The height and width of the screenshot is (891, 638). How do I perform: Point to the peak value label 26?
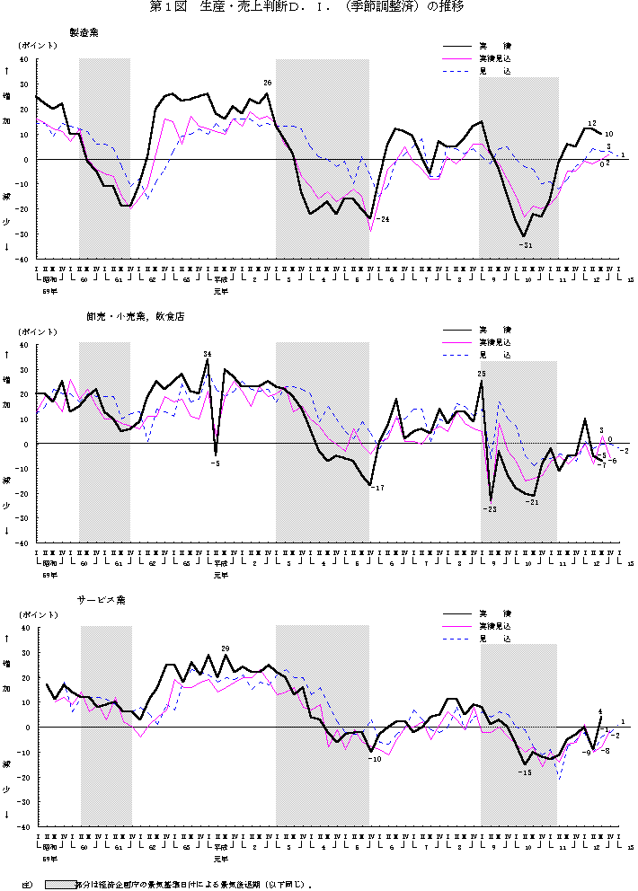click(x=267, y=83)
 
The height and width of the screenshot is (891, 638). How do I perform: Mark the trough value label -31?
click(x=526, y=245)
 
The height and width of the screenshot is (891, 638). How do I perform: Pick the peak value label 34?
click(x=208, y=353)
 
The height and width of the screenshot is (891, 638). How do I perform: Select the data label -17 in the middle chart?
click(x=378, y=488)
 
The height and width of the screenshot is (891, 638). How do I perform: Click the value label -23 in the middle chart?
click(x=490, y=509)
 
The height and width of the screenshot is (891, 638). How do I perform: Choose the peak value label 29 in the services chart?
click(x=226, y=648)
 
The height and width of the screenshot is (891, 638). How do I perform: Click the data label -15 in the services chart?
click(x=526, y=772)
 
